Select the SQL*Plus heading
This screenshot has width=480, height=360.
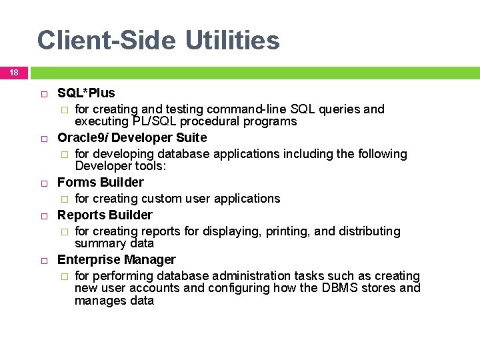tap(86, 93)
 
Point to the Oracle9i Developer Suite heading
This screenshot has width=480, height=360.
tap(132, 138)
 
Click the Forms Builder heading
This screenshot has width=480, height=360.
tap(101, 183)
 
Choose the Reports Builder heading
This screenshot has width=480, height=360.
tap(105, 215)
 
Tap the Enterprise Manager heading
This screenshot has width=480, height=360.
tap(117, 259)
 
